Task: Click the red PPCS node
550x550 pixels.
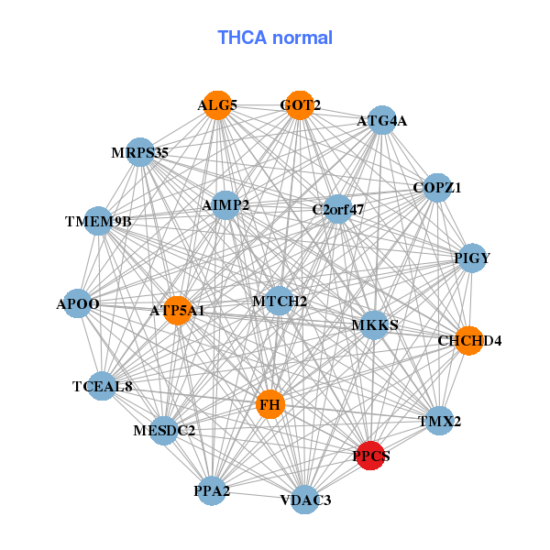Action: click(x=369, y=456)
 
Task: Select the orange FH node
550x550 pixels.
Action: click(x=269, y=404)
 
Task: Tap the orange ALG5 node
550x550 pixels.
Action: click(x=216, y=105)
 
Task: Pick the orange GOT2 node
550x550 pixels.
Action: click(x=300, y=105)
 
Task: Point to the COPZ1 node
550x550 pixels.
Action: click(x=437, y=188)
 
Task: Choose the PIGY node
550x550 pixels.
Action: click(x=471, y=258)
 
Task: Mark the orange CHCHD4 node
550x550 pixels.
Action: click(x=468, y=340)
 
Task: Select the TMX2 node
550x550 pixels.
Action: click(x=440, y=422)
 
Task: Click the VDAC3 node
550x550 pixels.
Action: click(x=305, y=500)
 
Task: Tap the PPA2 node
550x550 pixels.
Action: click(x=212, y=491)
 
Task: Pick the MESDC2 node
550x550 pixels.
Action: click(x=164, y=430)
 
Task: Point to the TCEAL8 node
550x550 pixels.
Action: click(x=103, y=386)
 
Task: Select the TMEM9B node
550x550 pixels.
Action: click(x=98, y=221)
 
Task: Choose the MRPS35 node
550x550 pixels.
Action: click(x=140, y=152)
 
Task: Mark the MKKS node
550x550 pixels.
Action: click(x=374, y=325)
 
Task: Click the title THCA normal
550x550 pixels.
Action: click(x=275, y=38)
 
